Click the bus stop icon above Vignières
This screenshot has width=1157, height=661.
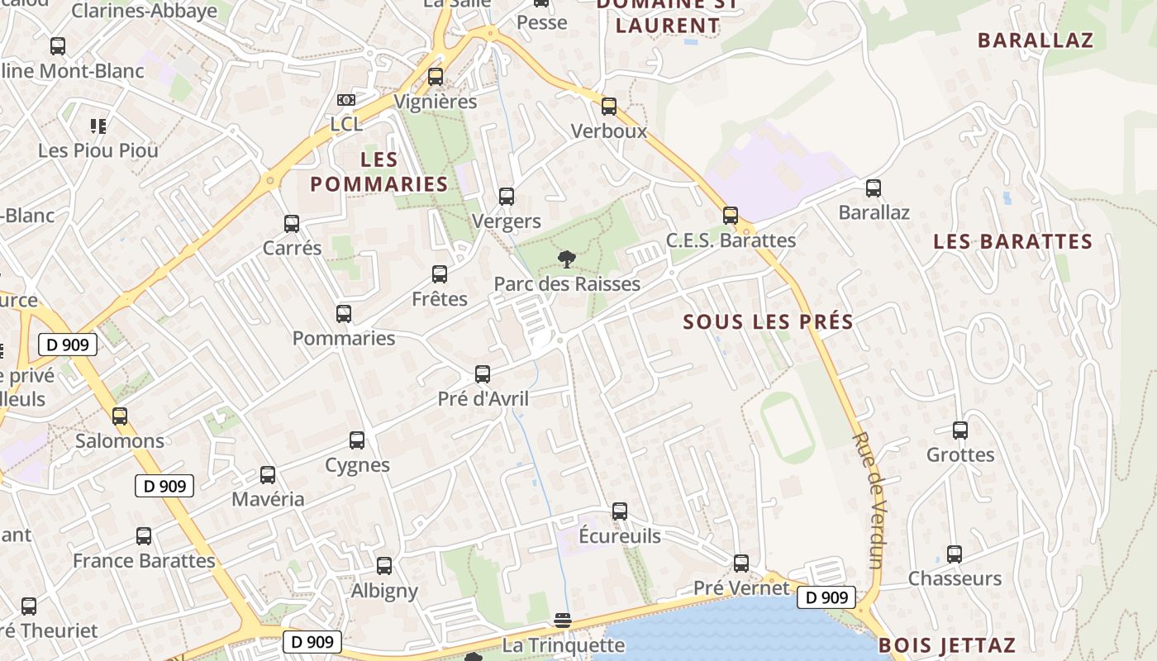coord(436,77)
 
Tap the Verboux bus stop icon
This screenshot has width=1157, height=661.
coord(609,107)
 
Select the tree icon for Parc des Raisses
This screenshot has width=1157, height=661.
coord(567,259)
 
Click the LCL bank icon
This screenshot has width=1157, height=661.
coord(346,100)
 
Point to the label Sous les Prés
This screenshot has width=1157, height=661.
coord(768,322)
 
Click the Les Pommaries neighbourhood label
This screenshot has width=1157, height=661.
coord(379,171)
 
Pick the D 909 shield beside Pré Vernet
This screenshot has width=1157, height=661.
coord(826,597)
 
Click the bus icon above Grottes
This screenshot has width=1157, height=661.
coord(959,430)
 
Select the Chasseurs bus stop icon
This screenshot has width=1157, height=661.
coord(955,554)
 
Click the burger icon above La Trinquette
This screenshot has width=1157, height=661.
coord(563,620)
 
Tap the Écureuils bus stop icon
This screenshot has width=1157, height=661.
coord(620,511)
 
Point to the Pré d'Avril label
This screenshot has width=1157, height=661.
coord(483,399)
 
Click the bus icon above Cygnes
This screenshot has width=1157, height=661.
coord(357,440)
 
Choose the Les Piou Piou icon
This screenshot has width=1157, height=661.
coord(98,126)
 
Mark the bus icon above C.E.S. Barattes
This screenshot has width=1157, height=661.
coord(731,216)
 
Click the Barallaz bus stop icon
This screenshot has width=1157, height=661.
coord(874,188)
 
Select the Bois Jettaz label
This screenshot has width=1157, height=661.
coord(946,645)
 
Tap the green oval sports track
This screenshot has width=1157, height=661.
coord(788,427)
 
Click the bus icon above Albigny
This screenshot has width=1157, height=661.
coord(384,566)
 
